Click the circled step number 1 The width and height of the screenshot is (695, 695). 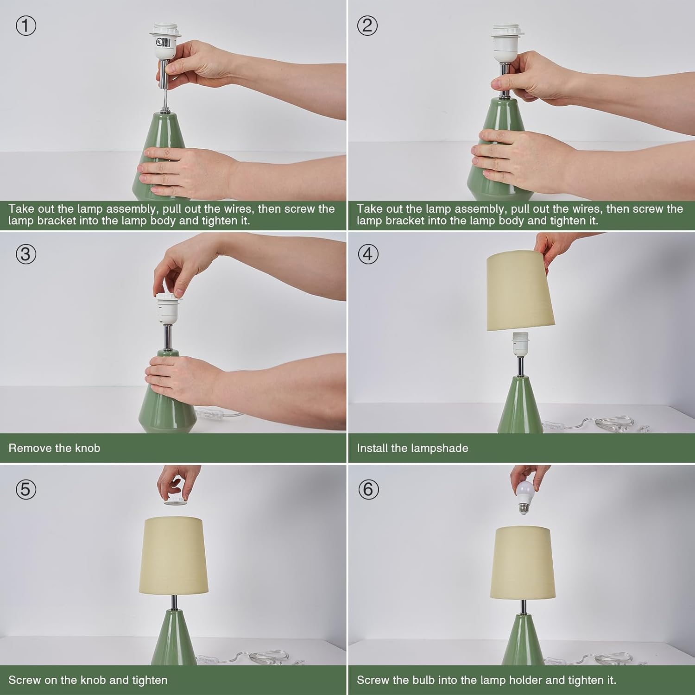tap(26, 25)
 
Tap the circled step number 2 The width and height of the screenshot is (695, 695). tap(367, 25)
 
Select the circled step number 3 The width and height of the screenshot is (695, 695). tap(26, 254)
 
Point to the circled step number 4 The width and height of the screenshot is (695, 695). tap(368, 254)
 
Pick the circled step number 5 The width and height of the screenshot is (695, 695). tap(26, 489)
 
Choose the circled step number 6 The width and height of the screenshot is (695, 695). tap(368, 489)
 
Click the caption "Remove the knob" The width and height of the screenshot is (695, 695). tap(54, 448)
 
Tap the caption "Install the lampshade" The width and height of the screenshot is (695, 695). tap(412, 448)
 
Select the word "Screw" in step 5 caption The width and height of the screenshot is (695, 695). tap(24, 680)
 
